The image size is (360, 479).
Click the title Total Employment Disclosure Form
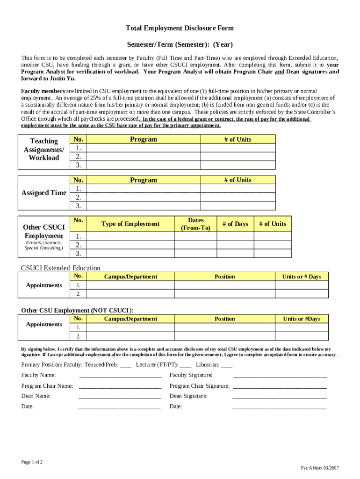pyautogui.click(x=180, y=29)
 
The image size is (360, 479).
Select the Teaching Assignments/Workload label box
pyautogui.click(x=44, y=149)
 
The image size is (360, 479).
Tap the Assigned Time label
pyautogui.click(x=44, y=193)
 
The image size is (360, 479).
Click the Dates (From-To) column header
pyautogui.click(x=195, y=224)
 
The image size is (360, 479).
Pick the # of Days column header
pyautogui.click(x=235, y=224)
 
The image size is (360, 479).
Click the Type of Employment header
pyautogui.click(x=130, y=224)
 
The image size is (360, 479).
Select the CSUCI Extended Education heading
pyautogui.click(x=60, y=268)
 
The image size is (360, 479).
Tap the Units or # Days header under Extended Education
pyautogui.click(x=302, y=277)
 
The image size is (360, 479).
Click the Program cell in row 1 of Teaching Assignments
pyautogui.click(x=143, y=148)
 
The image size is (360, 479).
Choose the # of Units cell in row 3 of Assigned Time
pyautogui.click(x=238, y=206)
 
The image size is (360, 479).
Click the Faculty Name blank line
pyautogui.click(x=120, y=376)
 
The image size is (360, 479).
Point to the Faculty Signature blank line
pyautogui.click(x=280, y=376)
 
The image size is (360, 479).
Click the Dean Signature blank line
pyautogui.click(x=279, y=397)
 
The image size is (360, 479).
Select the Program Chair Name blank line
pyautogui.click(x=120, y=386)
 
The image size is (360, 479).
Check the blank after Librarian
pyautogui.click(x=226, y=365)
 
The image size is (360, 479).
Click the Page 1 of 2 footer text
pyautogui.click(x=32, y=462)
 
